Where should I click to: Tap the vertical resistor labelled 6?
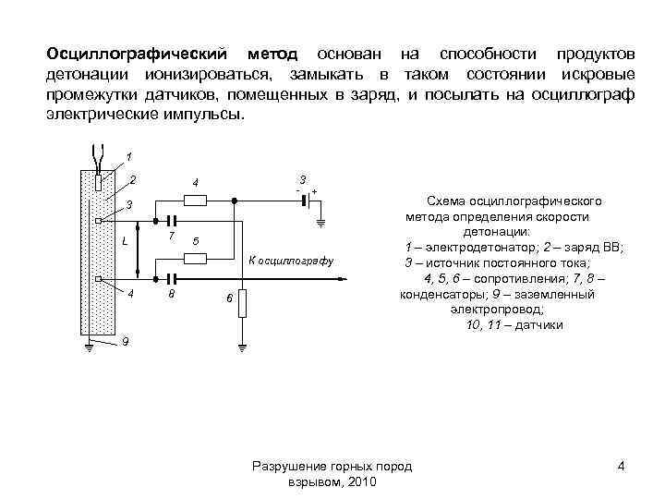pos(242,302)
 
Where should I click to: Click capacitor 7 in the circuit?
pos(170,220)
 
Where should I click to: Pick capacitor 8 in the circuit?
pos(170,277)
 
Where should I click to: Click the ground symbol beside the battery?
pos(320,222)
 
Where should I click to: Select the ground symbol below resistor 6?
pos(242,347)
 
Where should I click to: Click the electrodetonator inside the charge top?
pos(98,181)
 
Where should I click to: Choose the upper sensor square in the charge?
pos(98,220)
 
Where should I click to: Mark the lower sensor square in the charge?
pos(98,277)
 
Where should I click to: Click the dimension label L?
pos(124,243)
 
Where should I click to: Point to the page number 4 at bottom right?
pos(622,466)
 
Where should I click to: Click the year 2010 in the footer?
pos(363,483)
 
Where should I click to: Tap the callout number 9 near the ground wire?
pos(127,342)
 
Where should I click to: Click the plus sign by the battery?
pos(315,190)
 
